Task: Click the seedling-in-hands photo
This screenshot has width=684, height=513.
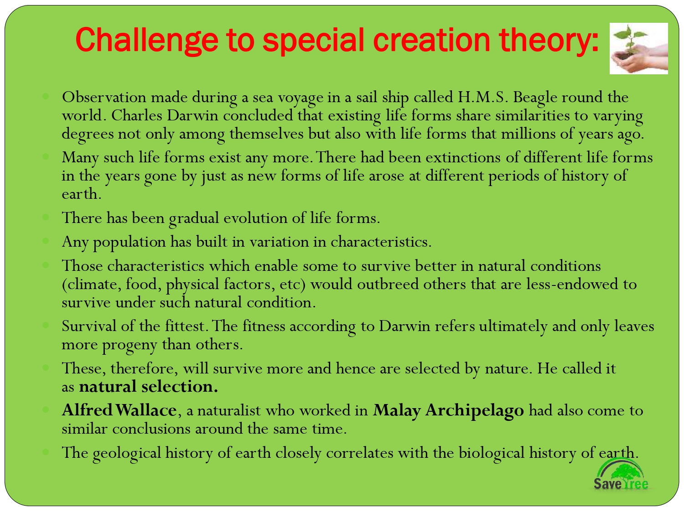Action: (638, 48)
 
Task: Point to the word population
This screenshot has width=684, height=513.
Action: (129, 242)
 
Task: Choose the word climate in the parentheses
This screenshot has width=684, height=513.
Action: (91, 284)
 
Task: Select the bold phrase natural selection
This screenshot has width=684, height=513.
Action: (148, 387)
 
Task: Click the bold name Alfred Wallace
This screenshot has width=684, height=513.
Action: (119, 410)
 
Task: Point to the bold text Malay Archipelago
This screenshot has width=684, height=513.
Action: (448, 410)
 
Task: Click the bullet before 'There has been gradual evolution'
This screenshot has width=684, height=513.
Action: (46, 217)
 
